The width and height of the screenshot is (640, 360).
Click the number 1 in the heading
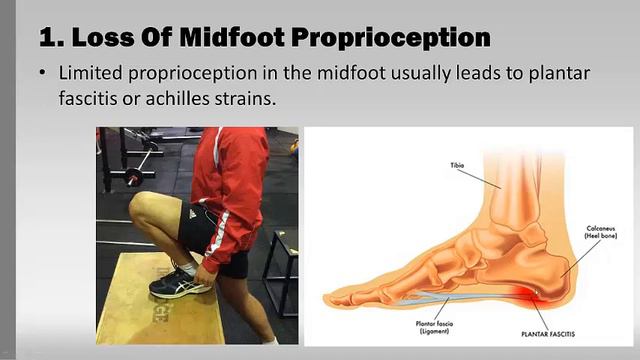coord(47,38)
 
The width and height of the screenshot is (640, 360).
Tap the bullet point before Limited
coord(42,76)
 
